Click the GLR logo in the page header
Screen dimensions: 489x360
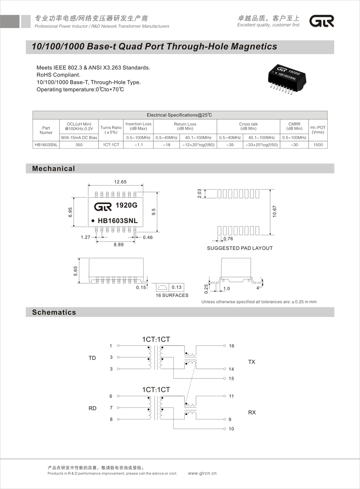pyautogui.click(x=322, y=21)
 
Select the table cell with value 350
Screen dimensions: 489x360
pyautogui.click(x=79, y=145)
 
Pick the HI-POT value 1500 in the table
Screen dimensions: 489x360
pyautogui.click(x=318, y=145)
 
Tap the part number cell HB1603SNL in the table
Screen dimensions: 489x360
pyautogui.click(x=46, y=145)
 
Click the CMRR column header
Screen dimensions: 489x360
pyautogui.click(x=294, y=126)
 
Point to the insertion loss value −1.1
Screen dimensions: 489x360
pyautogui.click(x=139, y=145)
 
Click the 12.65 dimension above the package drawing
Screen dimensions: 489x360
pyautogui.click(x=120, y=182)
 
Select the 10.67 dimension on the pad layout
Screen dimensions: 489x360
pyautogui.click(x=274, y=212)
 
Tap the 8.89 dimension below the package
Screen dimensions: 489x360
pyautogui.click(x=119, y=245)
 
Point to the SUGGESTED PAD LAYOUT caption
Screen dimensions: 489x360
pyautogui.click(x=240, y=248)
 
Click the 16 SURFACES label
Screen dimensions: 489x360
pyautogui.click(x=172, y=295)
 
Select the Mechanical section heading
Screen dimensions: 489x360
pyautogui.click(x=54, y=169)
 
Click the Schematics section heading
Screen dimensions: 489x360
pyautogui.click(x=54, y=312)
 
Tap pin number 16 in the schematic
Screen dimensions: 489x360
pyautogui.click(x=231, y=346)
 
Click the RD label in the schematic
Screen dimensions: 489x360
pyautogui.click(x=92, y=408)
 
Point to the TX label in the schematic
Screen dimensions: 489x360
pyautogui.click(x=252, y=362)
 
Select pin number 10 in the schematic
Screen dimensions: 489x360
pyautogui.click(x=231, y=429)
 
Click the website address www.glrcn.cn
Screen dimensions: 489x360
pyautogui.click(x=202, y=473)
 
